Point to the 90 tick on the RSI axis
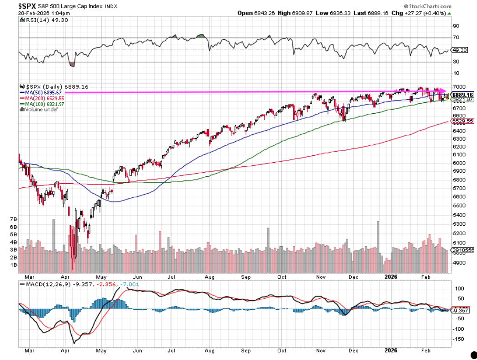pos(456,26)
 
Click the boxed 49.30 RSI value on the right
pos(459,50)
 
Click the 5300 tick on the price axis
pos(458,224)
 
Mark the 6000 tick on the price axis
pos(458,162)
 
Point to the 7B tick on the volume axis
pos(14,219)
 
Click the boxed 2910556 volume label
pos(464,250)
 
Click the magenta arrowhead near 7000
pos(442,91)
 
